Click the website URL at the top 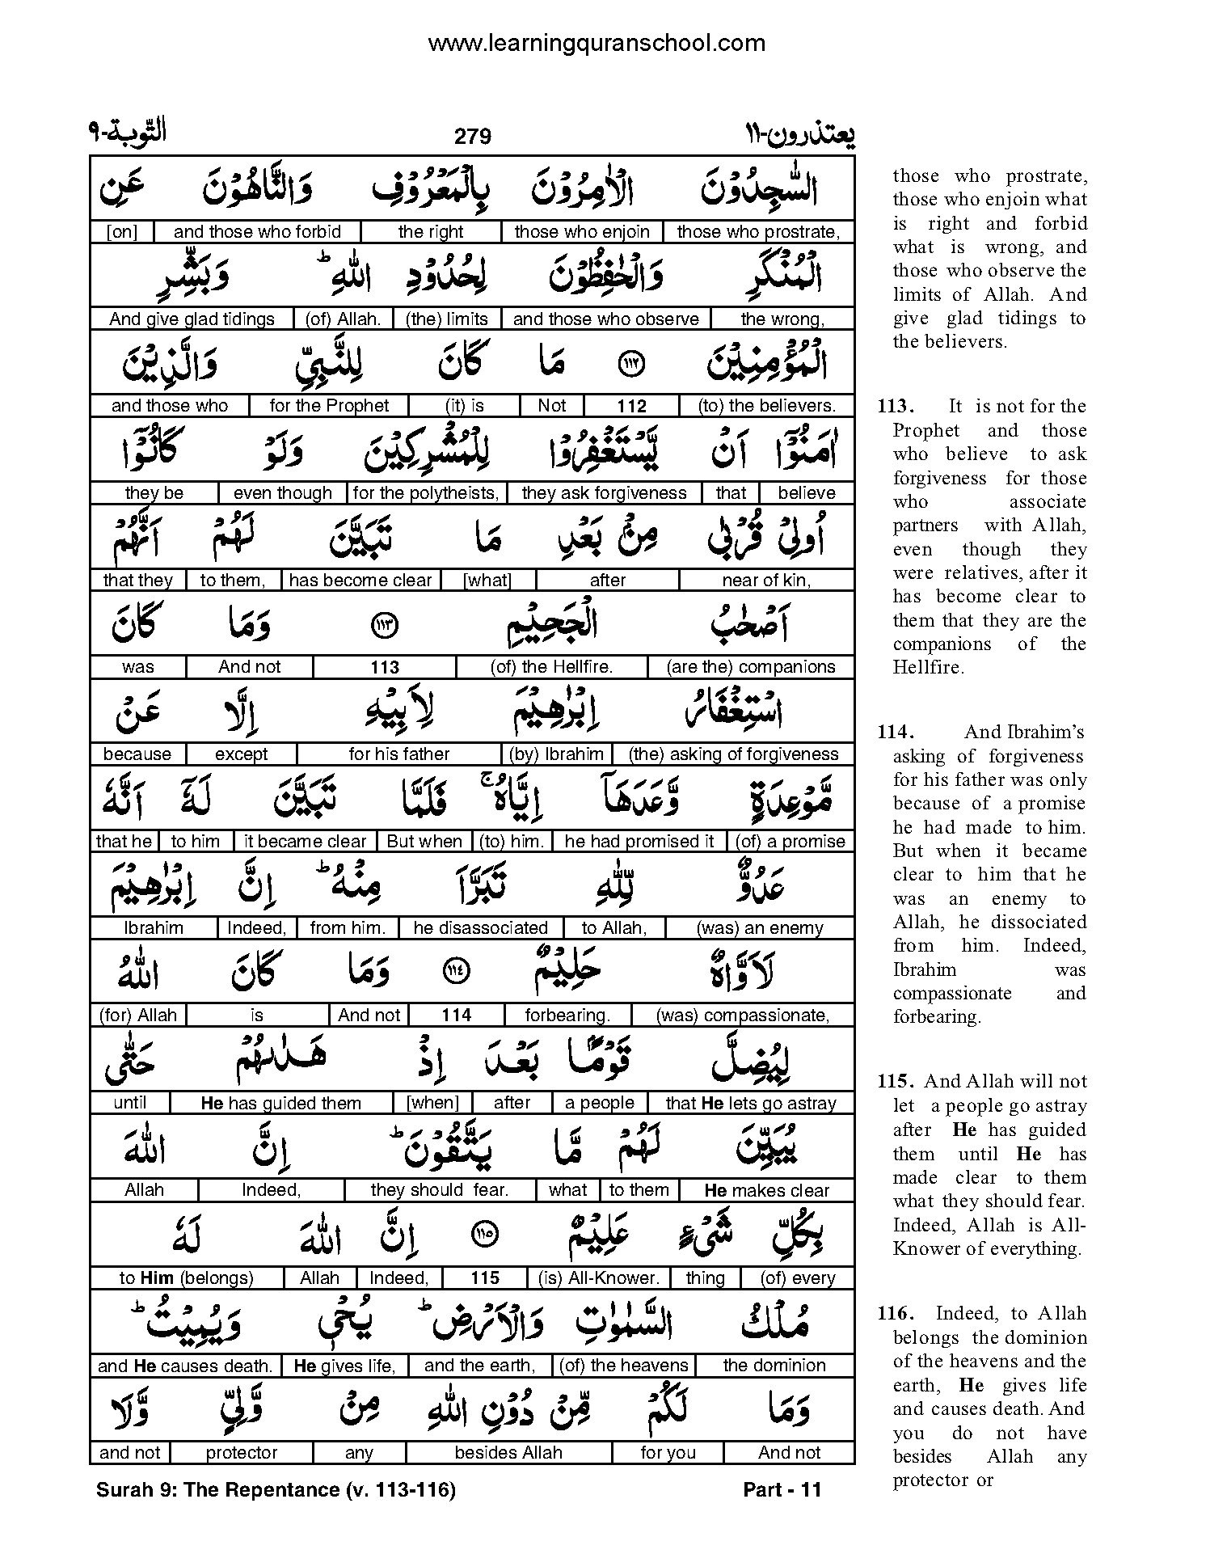pyautogui.click(x=597, y=43)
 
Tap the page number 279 pyautogui.click(x=473, y=136)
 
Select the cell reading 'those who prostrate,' pyautogui.click(x=758, y=232)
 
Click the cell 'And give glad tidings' pyautogui.click(x=192, y=319)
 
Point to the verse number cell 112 pyautogui.click(x=631, y=406)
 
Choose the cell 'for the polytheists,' pyautogui.click(x=426, y=493)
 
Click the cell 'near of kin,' pyautogui.click(x=766, y=581)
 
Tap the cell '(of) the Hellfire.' pyautogui.click(x=551, y=667)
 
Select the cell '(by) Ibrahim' pyautogui.click(x=557, y=754)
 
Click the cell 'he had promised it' pyautogui.click(x=639, y=842)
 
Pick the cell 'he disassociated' pyautogui.click(x=480, y=928)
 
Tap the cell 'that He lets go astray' pyautogui.click(x=750, y=1103)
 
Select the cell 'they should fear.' pyautogui.click(x=439, y=1190)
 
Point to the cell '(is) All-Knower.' pyautogui.click(x=599, y=1277)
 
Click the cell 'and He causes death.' pyautogui.click(x=184, y=1366)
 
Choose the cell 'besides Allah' pyautogui.click(x=508, y=1453)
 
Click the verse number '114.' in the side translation pyautogui.click(x=896, y=733)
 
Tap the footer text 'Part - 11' pyautogui.click(x=782, y=1490)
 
